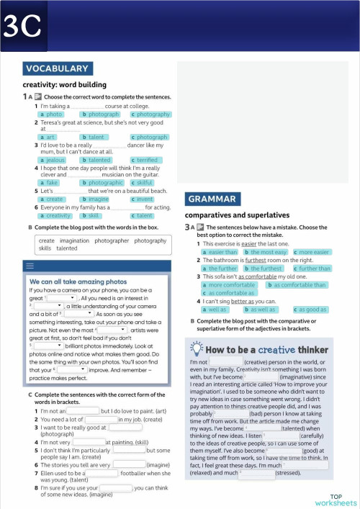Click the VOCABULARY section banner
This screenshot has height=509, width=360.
coord(57,69)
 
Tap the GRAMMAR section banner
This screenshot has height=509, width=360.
coord(211,199)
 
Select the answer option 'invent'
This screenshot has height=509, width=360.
coord(144,199)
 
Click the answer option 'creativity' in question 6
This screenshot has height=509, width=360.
coord(57,215)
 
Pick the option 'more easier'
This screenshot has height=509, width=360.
coord(313,252)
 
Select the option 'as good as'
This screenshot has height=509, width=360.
coord(312,309)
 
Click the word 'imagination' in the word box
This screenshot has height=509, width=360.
coord(74,240)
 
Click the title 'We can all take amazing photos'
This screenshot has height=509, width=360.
coord(78,281)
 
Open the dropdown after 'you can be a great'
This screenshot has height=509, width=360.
coord(62,297)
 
